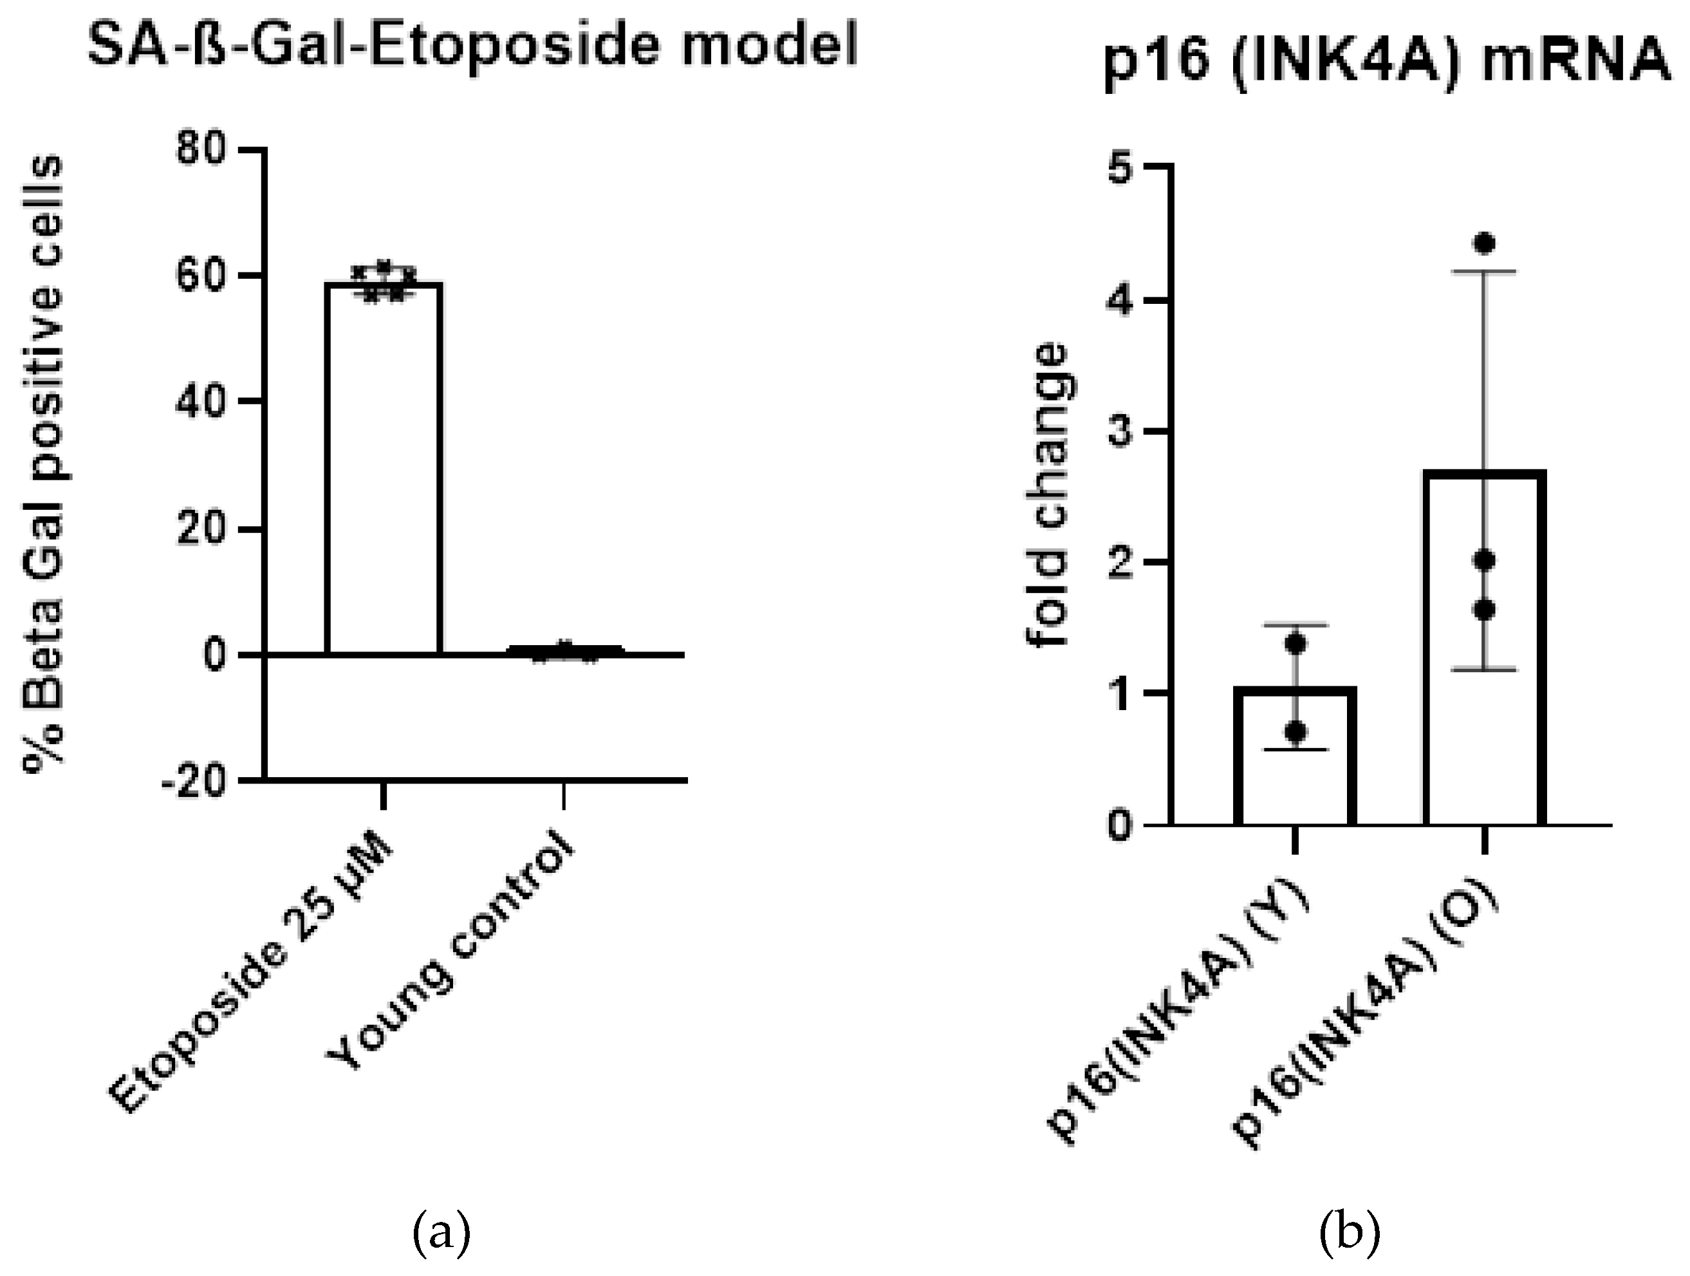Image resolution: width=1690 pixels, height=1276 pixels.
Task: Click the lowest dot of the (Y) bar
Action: (x=1295, y=733)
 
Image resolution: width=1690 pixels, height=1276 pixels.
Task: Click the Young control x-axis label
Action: (x=450, y=955)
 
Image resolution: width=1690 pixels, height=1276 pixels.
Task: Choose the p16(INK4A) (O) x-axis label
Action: (x=1368, y=1024)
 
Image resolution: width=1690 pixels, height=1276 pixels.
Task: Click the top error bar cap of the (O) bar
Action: (x=1485, y=271)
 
